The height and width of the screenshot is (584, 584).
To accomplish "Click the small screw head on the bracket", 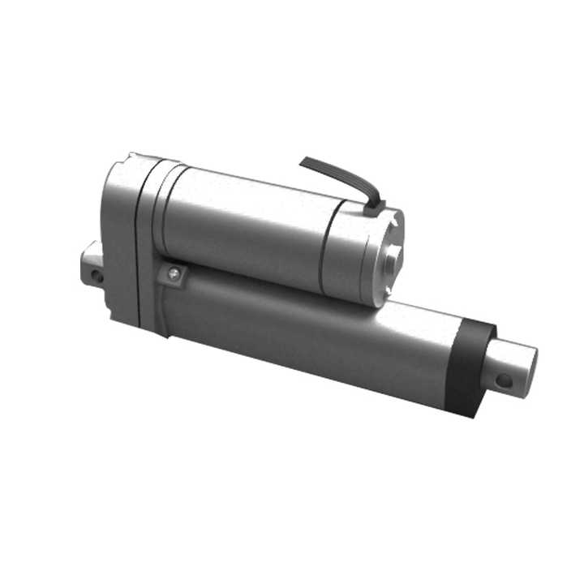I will [x=172, y=274].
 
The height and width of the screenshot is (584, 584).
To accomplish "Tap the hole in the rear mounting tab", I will [x=97, y=276].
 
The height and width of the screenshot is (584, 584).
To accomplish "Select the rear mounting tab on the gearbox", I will [x=91, y=264].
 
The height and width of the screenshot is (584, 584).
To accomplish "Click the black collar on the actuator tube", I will [x=472, y=365].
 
